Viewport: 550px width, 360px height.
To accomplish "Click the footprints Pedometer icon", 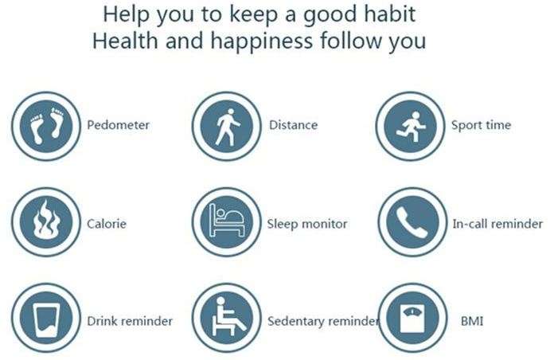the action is point(46,126).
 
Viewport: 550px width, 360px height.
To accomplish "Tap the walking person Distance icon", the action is point(227,126).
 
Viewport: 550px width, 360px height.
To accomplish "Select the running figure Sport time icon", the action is point(411,126).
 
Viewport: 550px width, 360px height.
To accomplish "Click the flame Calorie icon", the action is point(46,222).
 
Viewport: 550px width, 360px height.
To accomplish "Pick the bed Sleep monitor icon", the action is point(227,222).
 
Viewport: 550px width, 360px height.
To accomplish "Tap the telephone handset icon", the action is point(413,222).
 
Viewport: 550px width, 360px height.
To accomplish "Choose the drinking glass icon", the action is point(46,318).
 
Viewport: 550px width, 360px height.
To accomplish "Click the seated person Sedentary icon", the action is point(227,318).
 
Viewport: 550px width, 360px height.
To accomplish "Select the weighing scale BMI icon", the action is point(413,318).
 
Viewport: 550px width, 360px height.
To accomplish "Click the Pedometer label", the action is point(119,125).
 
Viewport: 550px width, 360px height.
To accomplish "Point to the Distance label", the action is point(293,125).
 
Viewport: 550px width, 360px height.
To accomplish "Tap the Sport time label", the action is point(481,126).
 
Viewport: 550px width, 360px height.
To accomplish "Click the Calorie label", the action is point(107,224).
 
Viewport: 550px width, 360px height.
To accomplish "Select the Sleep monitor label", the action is point(307,224).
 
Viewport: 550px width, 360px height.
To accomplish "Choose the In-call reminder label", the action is point(497,224).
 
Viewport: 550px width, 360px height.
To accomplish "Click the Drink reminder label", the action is point(130,321).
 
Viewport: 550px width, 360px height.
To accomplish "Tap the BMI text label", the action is point(472,321).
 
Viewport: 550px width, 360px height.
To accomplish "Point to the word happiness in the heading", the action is point(261,42).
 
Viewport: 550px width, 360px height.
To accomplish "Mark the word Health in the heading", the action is point(125,41).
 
